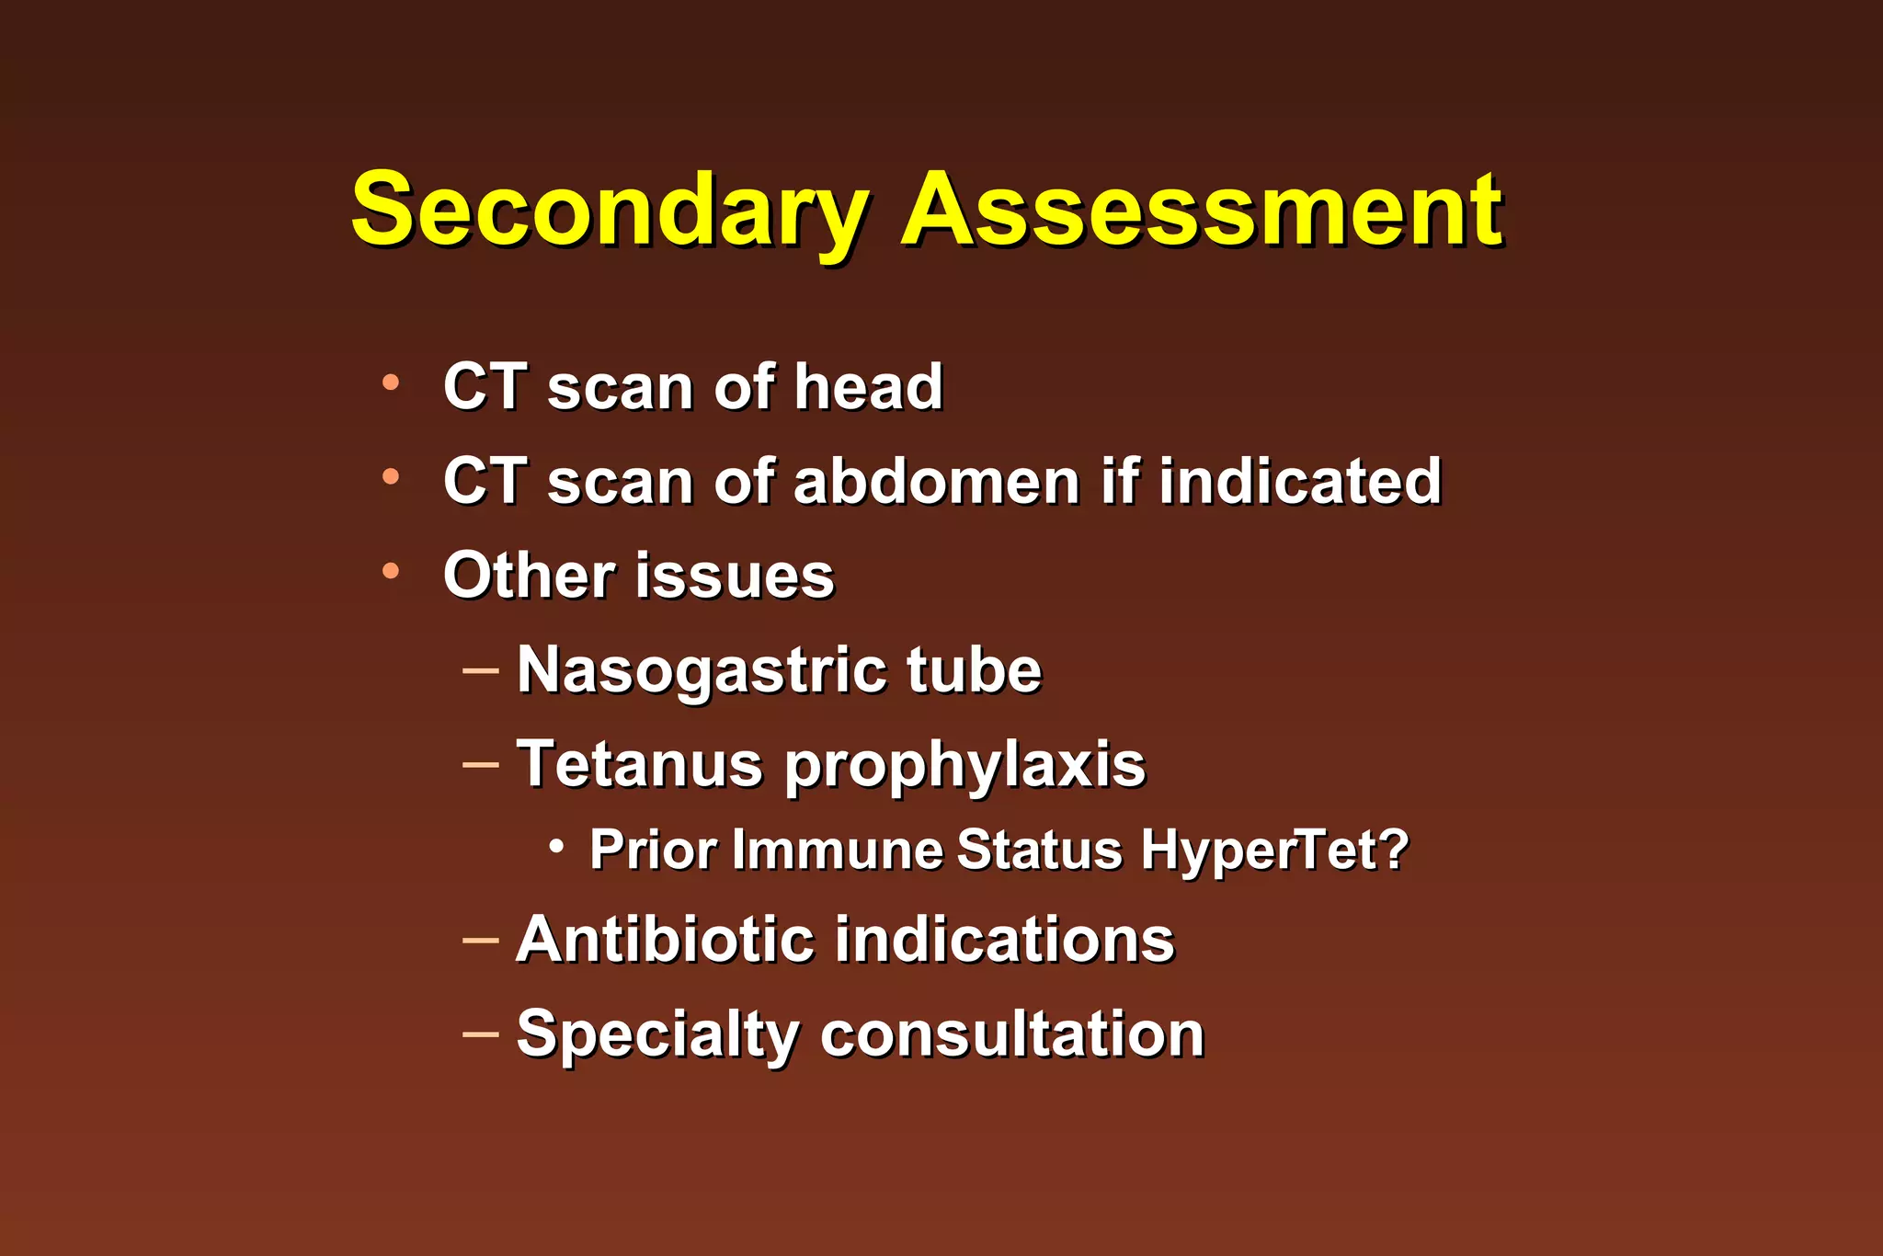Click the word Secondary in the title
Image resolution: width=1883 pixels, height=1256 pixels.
click(x=609, y=211)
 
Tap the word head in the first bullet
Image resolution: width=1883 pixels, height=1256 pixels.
click(x=868, y=386)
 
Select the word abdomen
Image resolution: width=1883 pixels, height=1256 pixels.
click(x=936, y=481)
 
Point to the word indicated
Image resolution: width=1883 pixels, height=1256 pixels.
click(x=1299, y=481)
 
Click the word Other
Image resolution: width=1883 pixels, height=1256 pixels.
click(x=529, y=576)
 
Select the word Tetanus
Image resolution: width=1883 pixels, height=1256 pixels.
click(x=640, y=764)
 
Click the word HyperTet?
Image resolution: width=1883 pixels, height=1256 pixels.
click(x=1274, y=851)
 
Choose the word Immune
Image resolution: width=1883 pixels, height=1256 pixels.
click(x=838, y=849)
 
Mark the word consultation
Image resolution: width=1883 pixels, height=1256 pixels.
click(x=1011, y=1034)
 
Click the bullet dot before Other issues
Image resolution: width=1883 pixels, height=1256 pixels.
click(x=391, y=572)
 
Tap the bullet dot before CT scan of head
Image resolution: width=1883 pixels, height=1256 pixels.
click(x=391, y=383)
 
